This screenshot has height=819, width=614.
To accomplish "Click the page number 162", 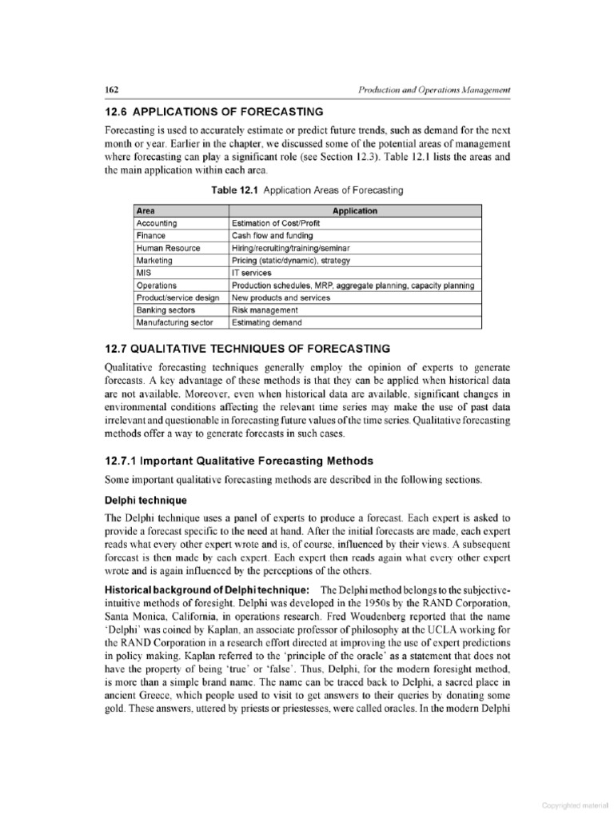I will click(x=112, y=89).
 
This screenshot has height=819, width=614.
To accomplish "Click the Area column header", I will click(x=145, y=211).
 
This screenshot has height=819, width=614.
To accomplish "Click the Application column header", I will click(x=355, y=211).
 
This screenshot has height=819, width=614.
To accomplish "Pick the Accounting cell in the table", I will click(x=157, y=223).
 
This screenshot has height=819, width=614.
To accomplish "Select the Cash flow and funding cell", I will click(x=272, y=236).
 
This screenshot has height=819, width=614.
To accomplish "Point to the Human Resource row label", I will click(x=167, y=248).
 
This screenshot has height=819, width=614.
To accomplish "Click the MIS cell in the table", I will click(x=144, y=273).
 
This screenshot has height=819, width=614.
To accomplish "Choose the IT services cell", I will click(x=252, y=273).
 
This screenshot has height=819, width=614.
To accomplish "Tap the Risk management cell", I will click(x=265, y=310).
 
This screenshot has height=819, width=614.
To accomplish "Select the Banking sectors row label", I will click(x=165, y=310).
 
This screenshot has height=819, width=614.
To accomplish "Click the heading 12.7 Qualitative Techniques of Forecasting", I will click(x=248, y=349).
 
